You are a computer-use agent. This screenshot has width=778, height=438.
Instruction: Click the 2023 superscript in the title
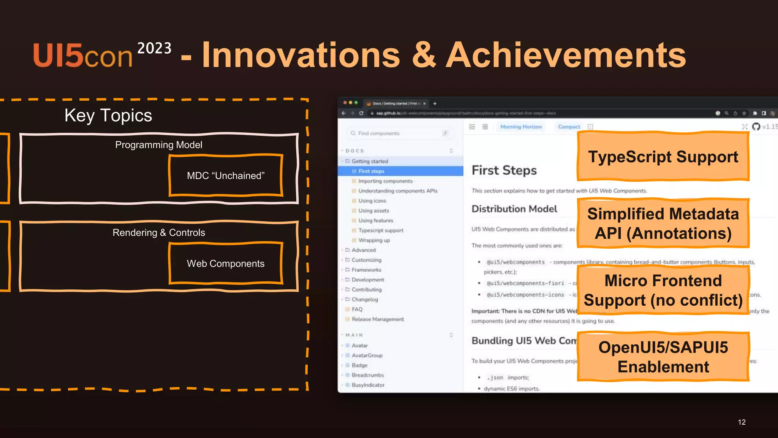click(154, 48)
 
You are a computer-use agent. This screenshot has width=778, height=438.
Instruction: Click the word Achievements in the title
click(566, 55)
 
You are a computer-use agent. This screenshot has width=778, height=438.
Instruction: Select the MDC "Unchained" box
click(226, 176)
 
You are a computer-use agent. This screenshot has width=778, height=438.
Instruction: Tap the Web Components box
click(226, 263)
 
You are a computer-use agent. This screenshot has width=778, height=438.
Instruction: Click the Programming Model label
click(158, 145)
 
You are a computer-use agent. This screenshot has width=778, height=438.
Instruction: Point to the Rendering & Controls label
click(158, 233)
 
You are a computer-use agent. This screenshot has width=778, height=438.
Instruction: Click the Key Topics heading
click(108, 115)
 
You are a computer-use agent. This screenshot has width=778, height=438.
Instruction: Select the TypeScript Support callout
click(663, 157)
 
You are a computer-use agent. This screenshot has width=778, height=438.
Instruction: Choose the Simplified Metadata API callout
click(663, 224)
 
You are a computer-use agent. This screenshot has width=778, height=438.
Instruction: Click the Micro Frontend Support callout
click(663, 290)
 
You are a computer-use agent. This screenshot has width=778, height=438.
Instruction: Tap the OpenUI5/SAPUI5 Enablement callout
click(663, 357)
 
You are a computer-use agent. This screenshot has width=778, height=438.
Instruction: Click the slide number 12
click(742, 422)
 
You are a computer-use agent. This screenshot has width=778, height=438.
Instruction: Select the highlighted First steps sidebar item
click(371, 171)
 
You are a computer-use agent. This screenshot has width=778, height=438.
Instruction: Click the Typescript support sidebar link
click(381, 230)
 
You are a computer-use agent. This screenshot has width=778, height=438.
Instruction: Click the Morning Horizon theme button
click(521, 127)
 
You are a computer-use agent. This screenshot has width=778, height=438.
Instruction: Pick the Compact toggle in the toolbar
click(569, 127)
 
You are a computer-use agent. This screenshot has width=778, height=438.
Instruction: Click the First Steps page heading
click(504, 170)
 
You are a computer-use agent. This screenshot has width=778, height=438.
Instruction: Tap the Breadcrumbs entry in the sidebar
click(367, 375)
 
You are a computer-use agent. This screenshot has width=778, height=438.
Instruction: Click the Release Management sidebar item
click(378, 319)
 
